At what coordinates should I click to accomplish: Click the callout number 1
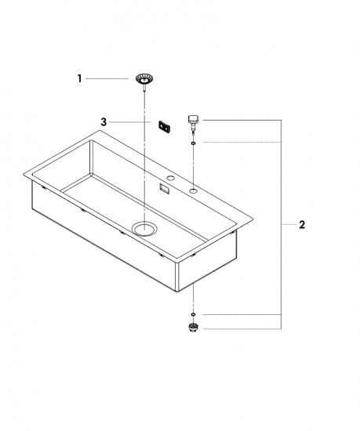pyautogui.click(x=79, y=78)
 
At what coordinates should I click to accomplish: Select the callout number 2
pyautogui.click(x=302, y=225)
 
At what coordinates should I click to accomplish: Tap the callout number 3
pyautogui.click(x=104, y=121)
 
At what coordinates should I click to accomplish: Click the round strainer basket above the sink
pyautogui.click(x=144, y=78)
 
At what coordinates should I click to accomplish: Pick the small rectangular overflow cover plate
pyautogui.click(x=164, y=126)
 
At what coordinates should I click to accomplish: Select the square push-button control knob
pyautogui.click(x=194, y=120)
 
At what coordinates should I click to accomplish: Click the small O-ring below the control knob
pyautogui.click(x=194, y=143)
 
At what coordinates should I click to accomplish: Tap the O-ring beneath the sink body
pyautogui.click(x=194, y=314)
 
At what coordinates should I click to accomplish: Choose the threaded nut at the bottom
pyautogui.click(x=193, y=327)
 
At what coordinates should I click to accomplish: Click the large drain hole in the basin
pyautogui.click(x=144, y=229)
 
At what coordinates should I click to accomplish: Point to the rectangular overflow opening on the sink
pyautogui.click(x=165, y=189)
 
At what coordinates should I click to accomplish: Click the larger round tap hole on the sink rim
pyautogui.click(x=194, y=190)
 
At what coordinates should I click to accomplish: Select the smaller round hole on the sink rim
pyautogui.click(x=171, y=178)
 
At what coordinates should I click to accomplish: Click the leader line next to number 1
pyautogui.click(x=107, y=78)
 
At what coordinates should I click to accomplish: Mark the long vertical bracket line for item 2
pyautogui.click(x=281, y=224)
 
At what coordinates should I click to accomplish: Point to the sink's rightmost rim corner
pyautogui.click(x=253, y=219)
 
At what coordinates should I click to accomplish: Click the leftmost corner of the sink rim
pyautogui.click(x=24, y=174)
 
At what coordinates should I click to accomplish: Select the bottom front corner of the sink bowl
pyautogui.click(x=176, y=291)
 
